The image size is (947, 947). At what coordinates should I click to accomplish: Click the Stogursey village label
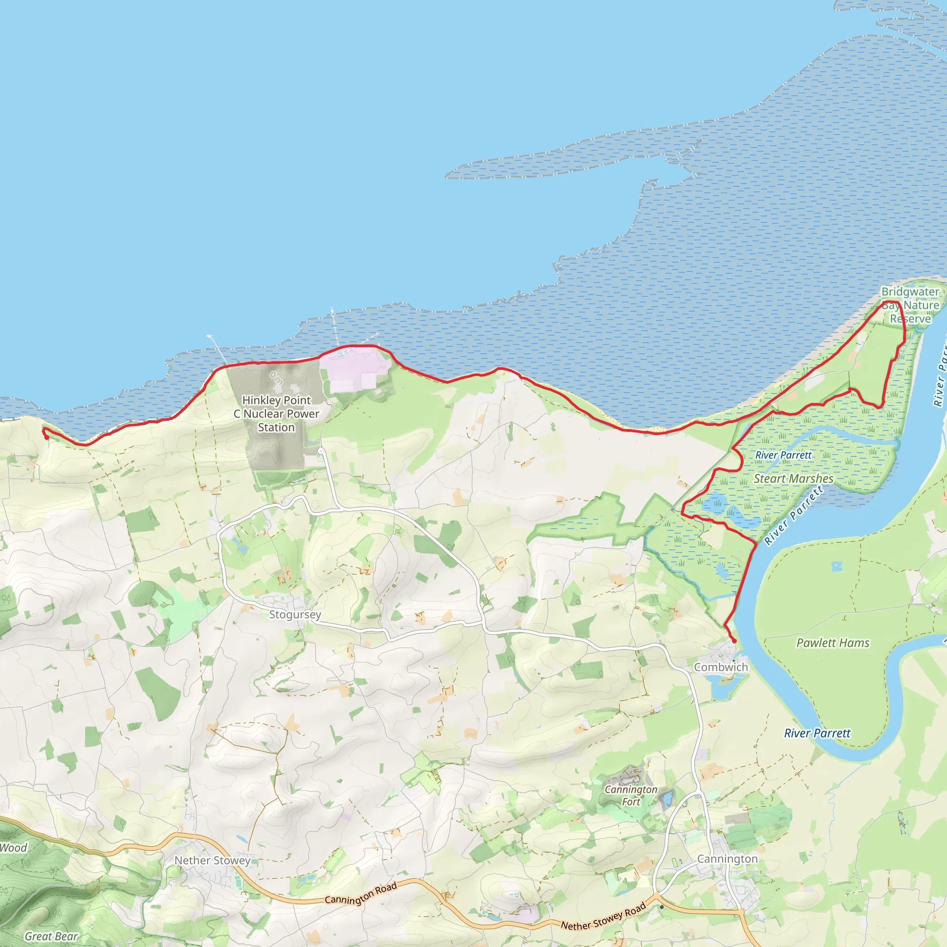click(295, 614)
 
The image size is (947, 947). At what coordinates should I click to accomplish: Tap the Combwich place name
click(720, 667)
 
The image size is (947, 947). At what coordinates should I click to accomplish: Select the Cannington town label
click(727, 859)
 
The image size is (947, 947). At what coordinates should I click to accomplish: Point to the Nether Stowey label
click(212, 860)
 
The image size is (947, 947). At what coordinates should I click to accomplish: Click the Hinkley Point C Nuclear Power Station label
click(277, 414)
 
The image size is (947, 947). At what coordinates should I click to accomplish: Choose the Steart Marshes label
click(793, 479)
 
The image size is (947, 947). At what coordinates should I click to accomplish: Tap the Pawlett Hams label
click(833, 643)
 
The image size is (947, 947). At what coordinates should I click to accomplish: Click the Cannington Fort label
click(631, 795)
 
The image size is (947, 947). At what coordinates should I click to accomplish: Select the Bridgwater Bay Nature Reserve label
click(910, 305)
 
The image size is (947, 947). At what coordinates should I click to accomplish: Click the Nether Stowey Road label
click(603, 917)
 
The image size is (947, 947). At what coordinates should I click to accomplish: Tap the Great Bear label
click(51, 936)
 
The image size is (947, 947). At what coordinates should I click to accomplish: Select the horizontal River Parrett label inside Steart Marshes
click(783, 455)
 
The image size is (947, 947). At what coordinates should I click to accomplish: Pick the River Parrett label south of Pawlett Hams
click(817, 733)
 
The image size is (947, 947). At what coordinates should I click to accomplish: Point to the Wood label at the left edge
click(14, 848)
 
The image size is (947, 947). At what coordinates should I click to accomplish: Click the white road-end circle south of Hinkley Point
click(320, 450)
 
